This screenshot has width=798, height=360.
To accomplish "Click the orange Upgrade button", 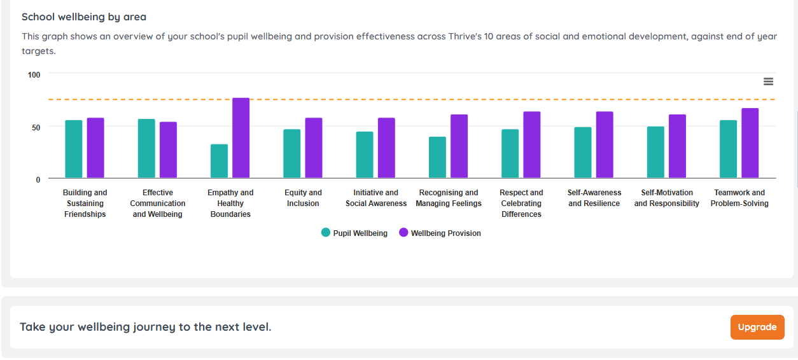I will tap(757, 327).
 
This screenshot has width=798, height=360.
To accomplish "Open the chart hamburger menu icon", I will tap(768, 81).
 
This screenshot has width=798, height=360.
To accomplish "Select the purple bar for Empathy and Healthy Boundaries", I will tap(241, 138).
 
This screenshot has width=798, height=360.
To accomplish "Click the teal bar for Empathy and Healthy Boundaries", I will tap(219, 162).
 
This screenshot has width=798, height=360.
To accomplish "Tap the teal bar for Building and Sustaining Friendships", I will tap(74, 149).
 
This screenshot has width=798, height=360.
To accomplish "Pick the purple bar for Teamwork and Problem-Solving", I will tap(750, 143).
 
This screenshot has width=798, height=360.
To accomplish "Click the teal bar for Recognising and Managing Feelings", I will tap(437, 158).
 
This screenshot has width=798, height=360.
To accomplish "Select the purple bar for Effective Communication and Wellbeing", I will tap(168, 150).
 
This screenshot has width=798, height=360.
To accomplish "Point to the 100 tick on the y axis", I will tap(34, 74).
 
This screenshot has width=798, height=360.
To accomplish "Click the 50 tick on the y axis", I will tap(35, 127).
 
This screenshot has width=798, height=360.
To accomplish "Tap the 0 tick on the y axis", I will tap(38, 179).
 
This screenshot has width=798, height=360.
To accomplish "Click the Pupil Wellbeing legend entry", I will tap(354, 233).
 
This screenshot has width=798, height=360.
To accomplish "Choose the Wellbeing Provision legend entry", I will tap(440, 233).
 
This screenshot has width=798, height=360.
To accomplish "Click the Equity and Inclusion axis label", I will tap(303, 198).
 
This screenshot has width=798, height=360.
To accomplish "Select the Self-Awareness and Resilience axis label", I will tap(594, 198).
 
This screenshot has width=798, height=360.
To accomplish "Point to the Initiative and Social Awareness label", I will tap(375, 198).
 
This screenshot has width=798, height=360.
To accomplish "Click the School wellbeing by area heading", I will tap(84, 17).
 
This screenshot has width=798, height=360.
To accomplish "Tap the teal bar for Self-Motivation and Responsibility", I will tap(655, 153).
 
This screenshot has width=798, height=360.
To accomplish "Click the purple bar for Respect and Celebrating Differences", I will tap(531, 145).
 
